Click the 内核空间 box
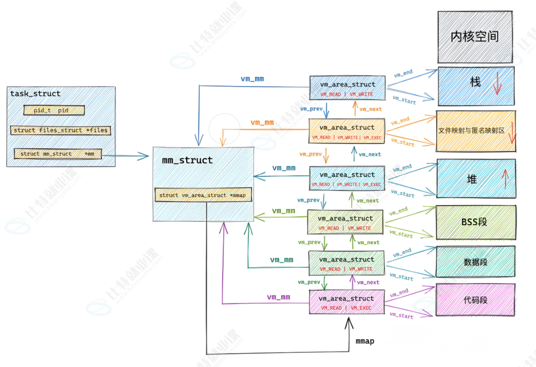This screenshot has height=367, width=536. click(x=475, y=36)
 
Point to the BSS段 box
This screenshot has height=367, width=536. click(x=475, y=221)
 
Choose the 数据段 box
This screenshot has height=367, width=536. click(x=475, y=262)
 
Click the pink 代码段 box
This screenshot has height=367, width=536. click(x=475, y=300)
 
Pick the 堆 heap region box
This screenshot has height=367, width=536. click(x=475, y=179)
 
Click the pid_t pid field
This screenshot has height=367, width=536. click(x=54, y=110)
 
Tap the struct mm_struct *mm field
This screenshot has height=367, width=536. click(x=57, y=154)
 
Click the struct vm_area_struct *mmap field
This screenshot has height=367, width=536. click(x=203, y=195)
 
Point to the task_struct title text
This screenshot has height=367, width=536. click(x=36, y=94)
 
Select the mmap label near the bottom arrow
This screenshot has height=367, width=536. click(x=365, y=341)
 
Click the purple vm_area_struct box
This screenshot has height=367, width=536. click(x=346, y=302)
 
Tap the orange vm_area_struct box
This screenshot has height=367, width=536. click(x=346, y=131)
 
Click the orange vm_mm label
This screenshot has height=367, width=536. click(x=262, y=123)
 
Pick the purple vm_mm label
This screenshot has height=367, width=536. click(x=278, y=297)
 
